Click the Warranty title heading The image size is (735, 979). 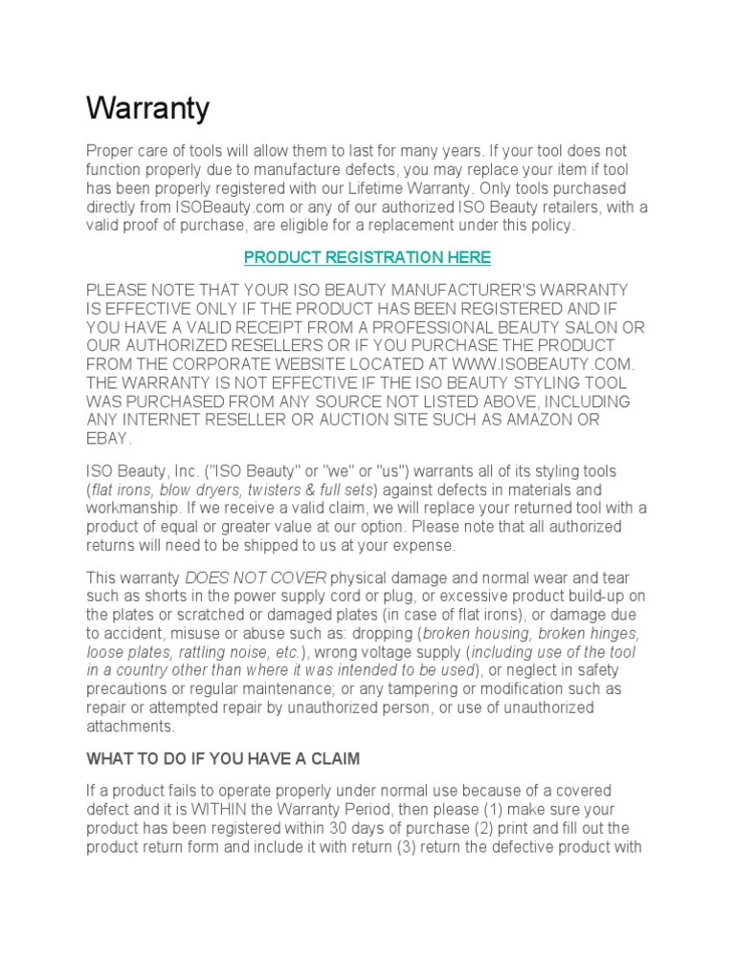(x=147, y=109)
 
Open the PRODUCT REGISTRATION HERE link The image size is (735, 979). (x=367, y=257)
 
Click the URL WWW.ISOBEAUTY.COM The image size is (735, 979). (x=543, y=364)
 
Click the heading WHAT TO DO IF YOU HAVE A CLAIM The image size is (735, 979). (x=222, y=759)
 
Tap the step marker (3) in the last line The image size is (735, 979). (x=412, y=846)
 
